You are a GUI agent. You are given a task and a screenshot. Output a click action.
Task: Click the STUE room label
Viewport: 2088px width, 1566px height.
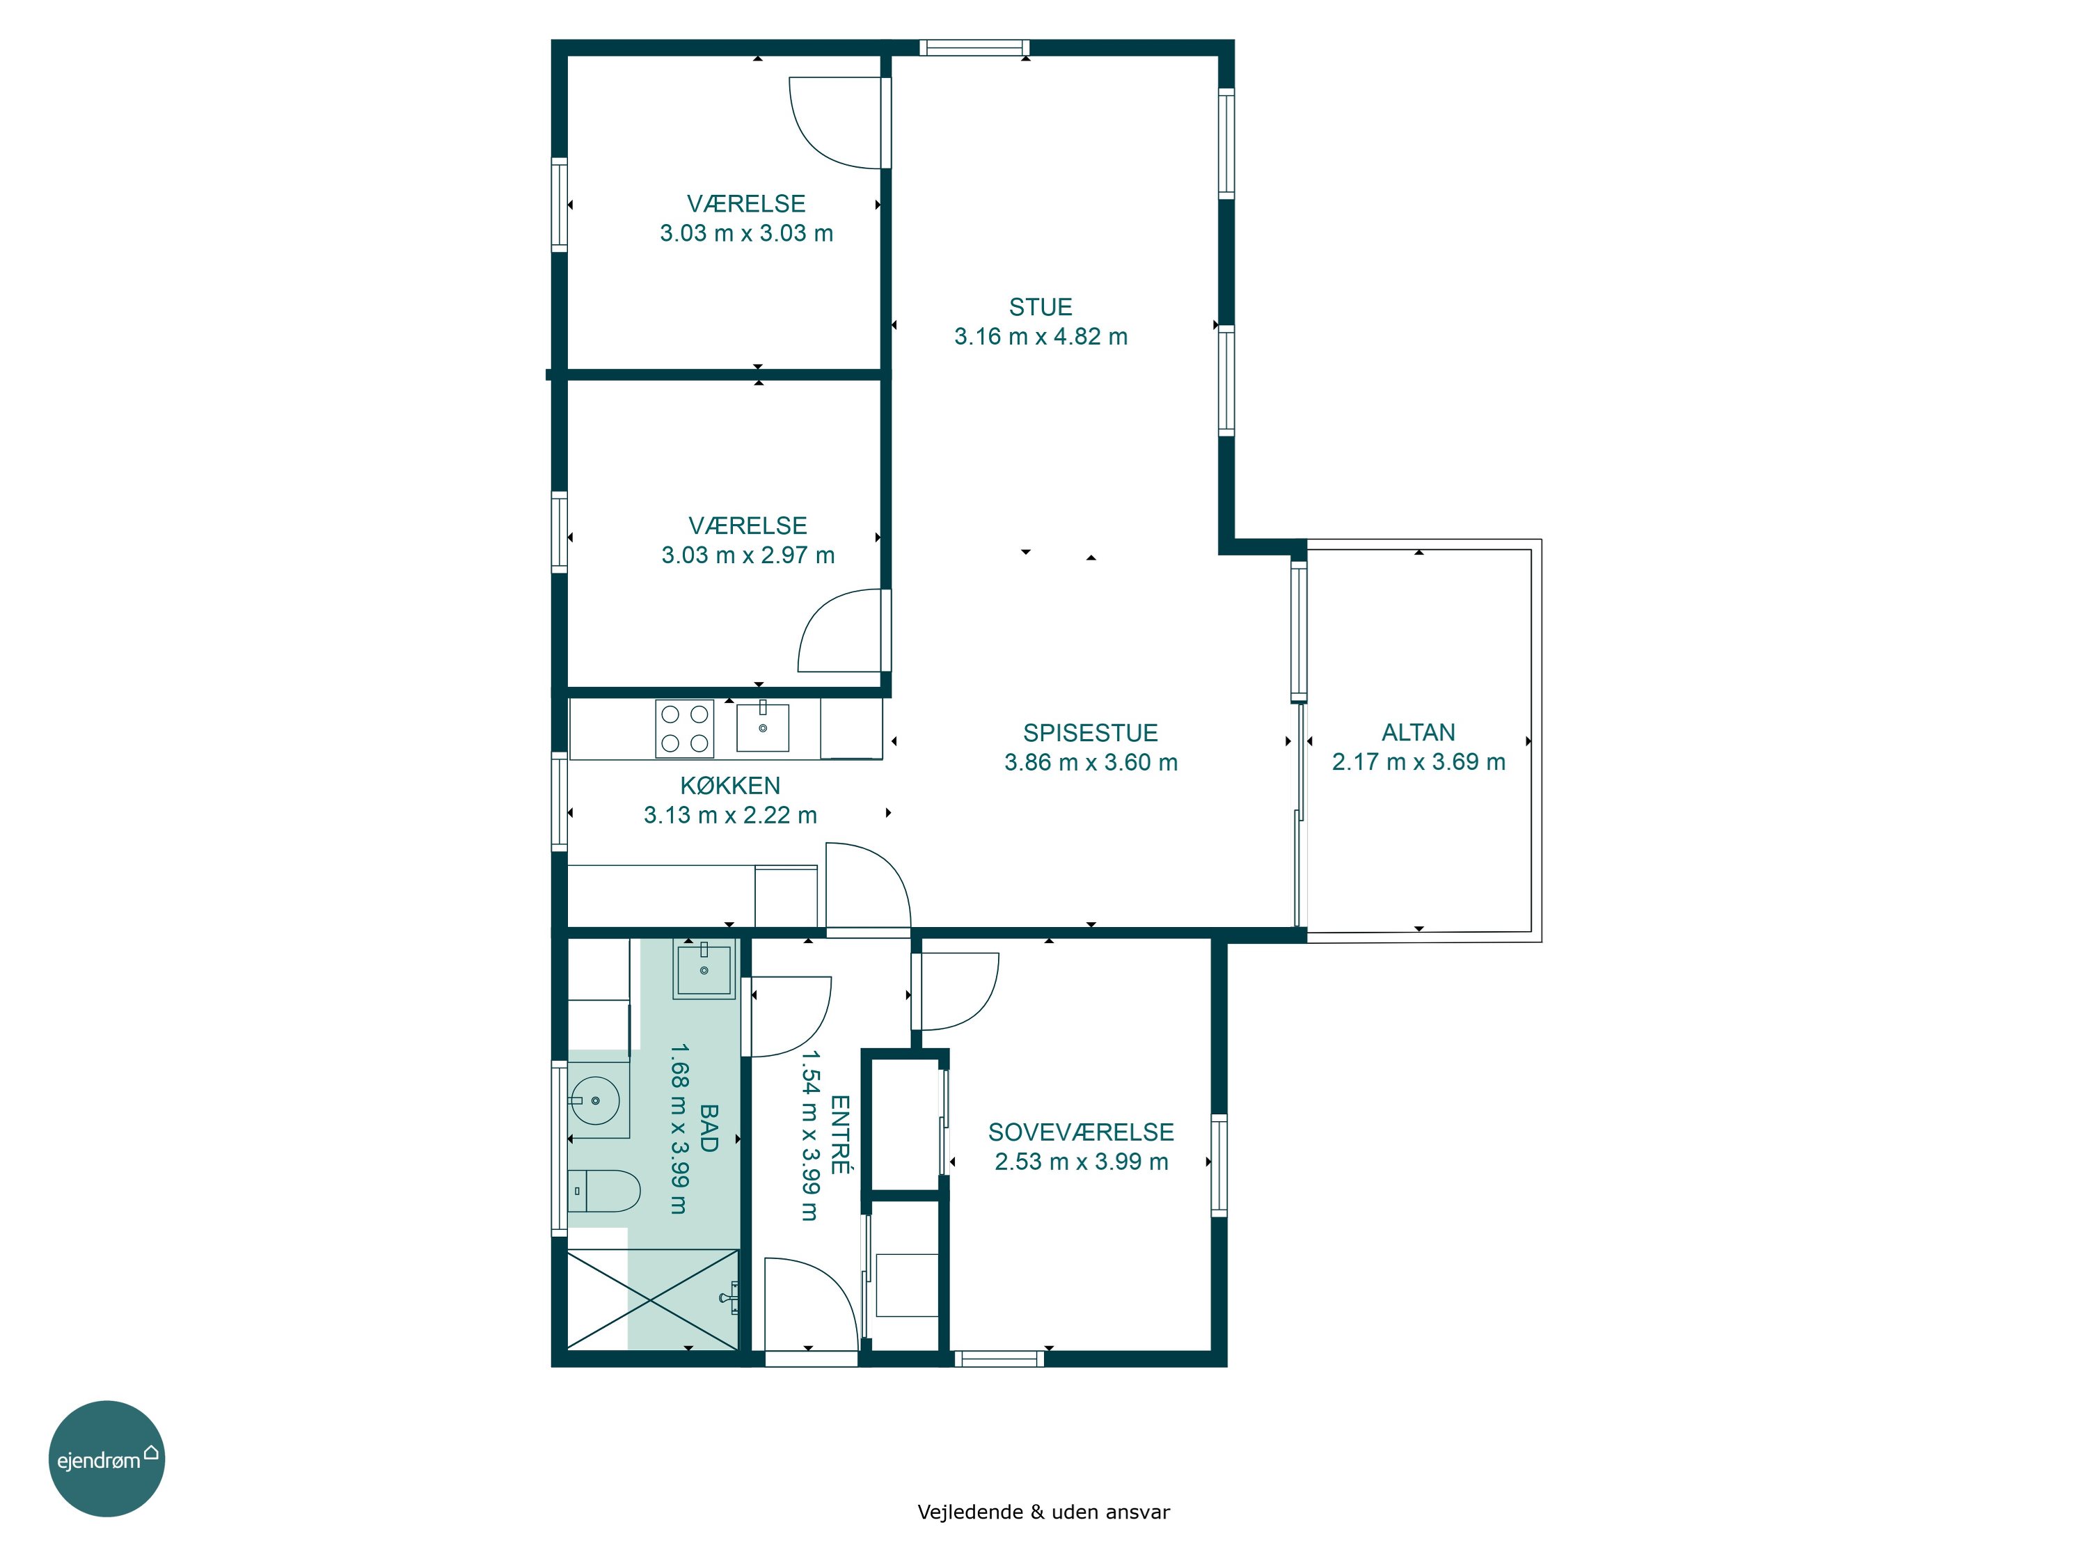tap(1041, 307)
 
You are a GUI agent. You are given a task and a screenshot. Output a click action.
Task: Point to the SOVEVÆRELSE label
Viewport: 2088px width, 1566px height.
tap(1081, 1132)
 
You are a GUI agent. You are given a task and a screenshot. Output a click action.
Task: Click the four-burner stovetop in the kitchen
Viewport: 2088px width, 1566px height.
tap(684, 729)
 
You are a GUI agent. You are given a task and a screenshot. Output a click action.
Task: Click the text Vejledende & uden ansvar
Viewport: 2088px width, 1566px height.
tap(1043, 1512)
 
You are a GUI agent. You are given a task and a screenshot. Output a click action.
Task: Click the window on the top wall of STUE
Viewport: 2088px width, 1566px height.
tap(974, 47)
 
